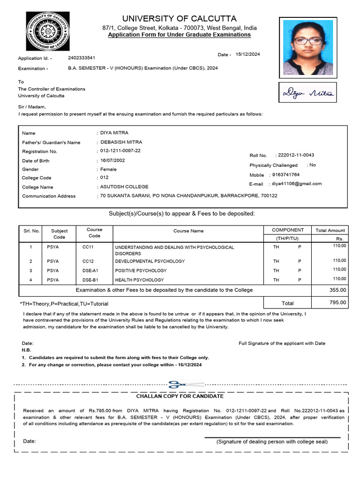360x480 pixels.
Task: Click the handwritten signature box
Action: point(308,93)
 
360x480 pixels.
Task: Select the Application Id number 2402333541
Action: point(82,58)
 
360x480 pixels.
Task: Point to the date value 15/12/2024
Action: point(247,54)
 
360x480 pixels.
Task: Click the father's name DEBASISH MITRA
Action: point(121,142)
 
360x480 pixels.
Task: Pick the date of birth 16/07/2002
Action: point(113,160)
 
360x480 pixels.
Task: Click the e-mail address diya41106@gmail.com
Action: point(297,184)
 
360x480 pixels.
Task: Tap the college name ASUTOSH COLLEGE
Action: point(124,187)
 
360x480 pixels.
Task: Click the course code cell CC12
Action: point(88,261)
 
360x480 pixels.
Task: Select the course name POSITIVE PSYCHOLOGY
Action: point(141,270)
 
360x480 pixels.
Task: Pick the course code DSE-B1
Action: point(90,280)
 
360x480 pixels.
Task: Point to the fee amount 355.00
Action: point(338,290)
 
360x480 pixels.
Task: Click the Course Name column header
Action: point(188,231)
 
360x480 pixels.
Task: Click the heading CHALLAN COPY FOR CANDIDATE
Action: point(180,396)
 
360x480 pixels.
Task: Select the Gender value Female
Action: point(108,169)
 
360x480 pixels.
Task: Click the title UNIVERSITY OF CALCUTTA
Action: point(180,19)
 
